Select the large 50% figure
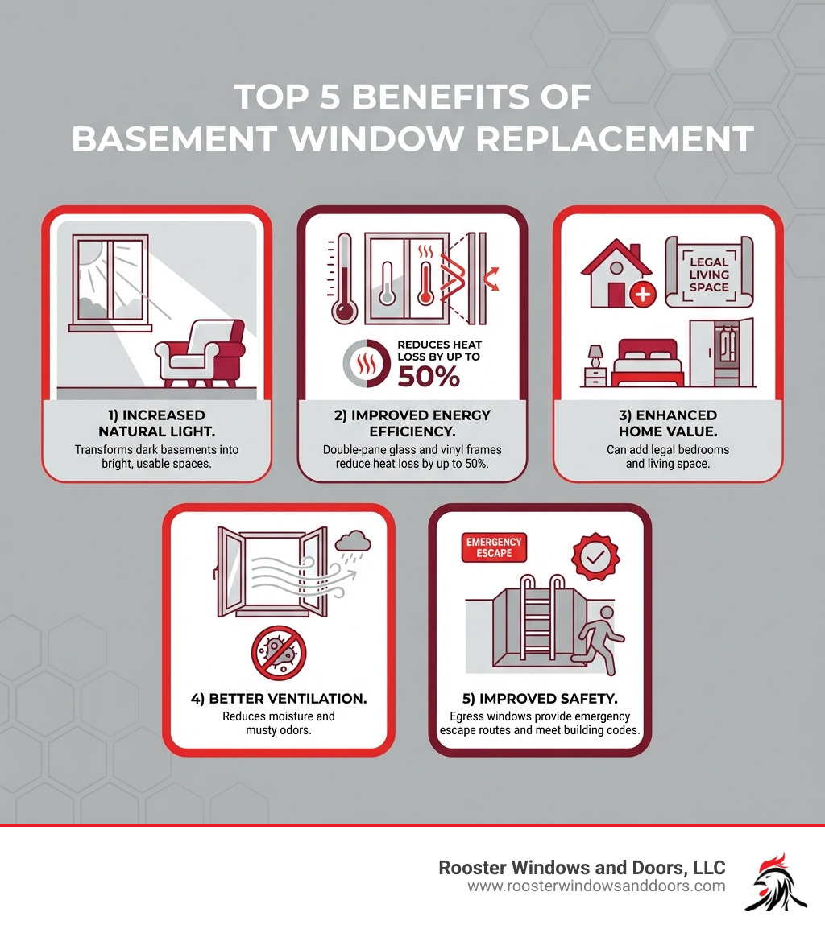[428, 374]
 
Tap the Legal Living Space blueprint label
[708, 274]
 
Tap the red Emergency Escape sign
[493, 547]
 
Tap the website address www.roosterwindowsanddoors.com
[596, 886]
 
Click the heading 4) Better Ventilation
[279, 698]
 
